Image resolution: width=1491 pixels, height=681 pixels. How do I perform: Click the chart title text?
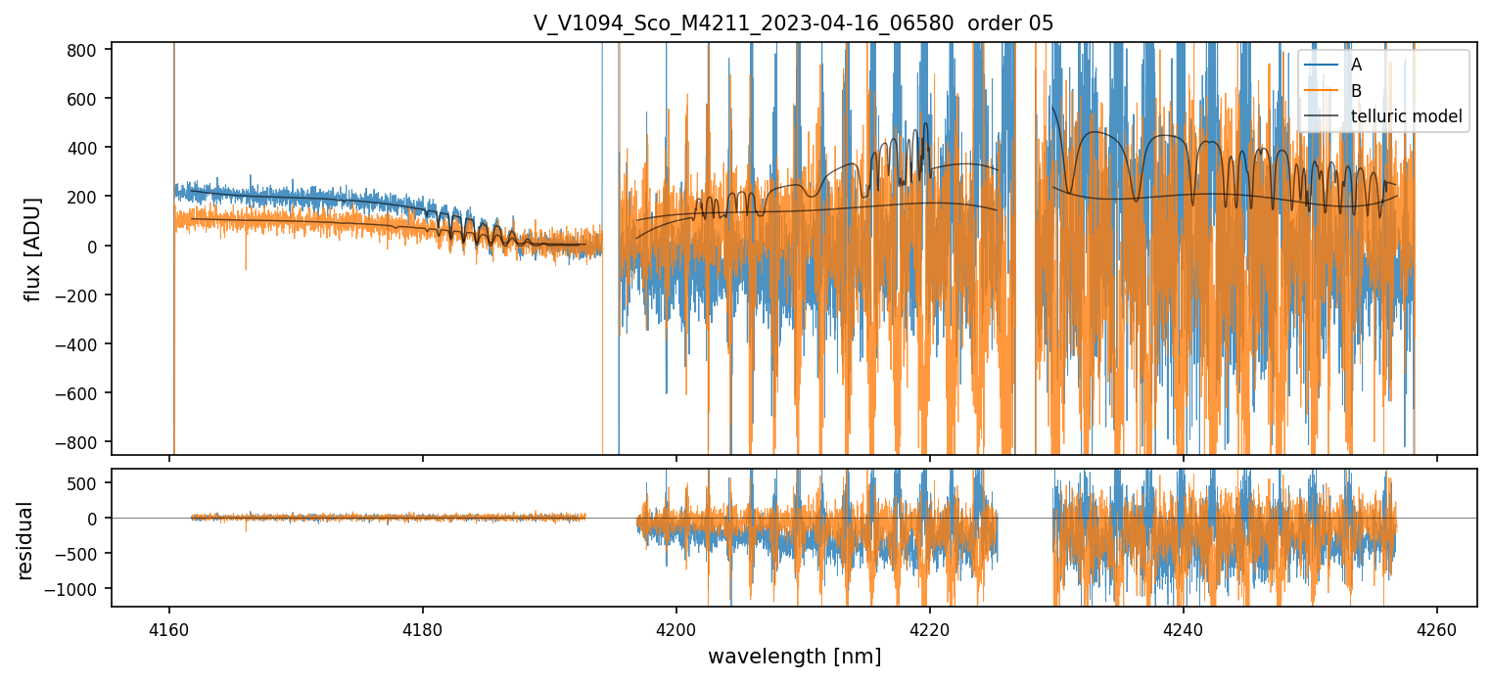point(793,23)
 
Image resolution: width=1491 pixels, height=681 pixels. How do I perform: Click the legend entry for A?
point(1356,65)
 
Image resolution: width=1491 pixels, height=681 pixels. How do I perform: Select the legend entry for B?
point(1356,91)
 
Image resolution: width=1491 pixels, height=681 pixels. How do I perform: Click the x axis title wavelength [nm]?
point(794,656)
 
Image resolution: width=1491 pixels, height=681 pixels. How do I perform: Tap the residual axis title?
point(24,539)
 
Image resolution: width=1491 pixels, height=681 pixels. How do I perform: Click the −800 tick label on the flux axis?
point(82,442)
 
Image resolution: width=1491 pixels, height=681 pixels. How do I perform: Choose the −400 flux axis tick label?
point(82,344)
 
